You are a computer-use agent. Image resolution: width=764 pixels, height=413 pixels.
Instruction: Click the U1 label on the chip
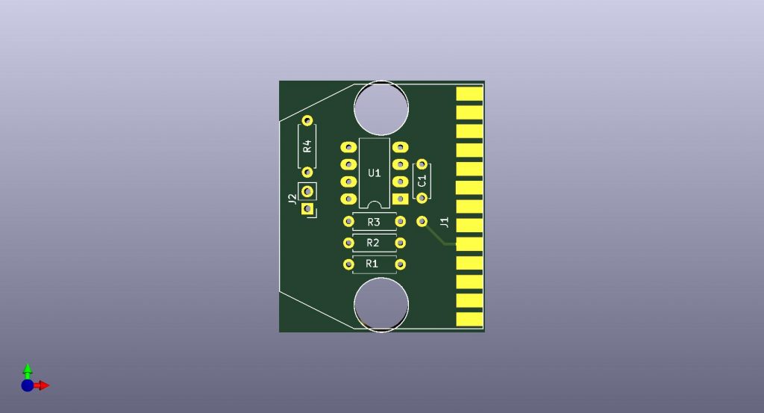click(x=375, y=173)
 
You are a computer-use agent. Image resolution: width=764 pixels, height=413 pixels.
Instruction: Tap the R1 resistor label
click(x=372, y=264)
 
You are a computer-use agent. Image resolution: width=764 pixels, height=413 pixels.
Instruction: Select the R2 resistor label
click(x=373, y=243)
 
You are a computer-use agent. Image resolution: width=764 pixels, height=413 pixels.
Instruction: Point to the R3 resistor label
click(x=374, y=223)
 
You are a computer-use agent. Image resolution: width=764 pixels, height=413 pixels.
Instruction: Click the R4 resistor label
click(x=307, y=146)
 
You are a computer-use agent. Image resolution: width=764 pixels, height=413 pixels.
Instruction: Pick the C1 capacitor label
click(x=422, y=181)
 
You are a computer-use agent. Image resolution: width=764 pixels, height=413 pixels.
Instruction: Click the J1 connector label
click(x=445, y=223)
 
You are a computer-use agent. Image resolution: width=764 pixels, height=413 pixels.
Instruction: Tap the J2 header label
click(x=292, y=199)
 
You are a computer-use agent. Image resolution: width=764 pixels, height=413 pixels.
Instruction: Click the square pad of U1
click(x=401, y=199)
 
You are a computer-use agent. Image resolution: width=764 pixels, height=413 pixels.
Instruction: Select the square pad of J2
click(x=307, y=208)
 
